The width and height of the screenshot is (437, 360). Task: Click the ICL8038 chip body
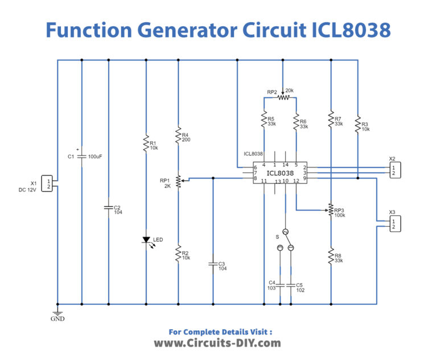pyautogui.click(x=279, y=173)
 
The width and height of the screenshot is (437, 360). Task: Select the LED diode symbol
pyautogui.click(x=146, y=240)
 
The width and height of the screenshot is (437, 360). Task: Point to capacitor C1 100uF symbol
pyautogui.click(x=82, y=156)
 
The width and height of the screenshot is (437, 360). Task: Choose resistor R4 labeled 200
pyautogui.click(x=179, y=137)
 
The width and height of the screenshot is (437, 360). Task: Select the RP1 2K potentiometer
pyautogui.click(x=179, y=181)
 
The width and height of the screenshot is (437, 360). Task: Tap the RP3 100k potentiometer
pyautogui.click(x=331, y=210)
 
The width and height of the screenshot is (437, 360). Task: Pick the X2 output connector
pyautogui.click(x=393, y=169)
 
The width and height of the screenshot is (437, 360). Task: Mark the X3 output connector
pyautogui.click(x=393, y=223)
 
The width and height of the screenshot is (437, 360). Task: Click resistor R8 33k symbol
pyautogui.click(x=331, y=257)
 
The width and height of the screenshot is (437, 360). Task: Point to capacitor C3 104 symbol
pyautogui.click(x=213, y=264)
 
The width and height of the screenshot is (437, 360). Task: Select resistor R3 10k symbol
pyautogui.click(x=357, y=124)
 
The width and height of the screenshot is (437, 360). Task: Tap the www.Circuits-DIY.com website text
pyautogui.click(x=218, y=343)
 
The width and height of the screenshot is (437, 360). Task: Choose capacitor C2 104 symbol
pyautogui.click(x=109, y=207)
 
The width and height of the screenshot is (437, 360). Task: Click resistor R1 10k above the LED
pyautogui.click(x=146, y=144)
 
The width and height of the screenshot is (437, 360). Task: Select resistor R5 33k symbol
pyautogui.click(x=264, y=121)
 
